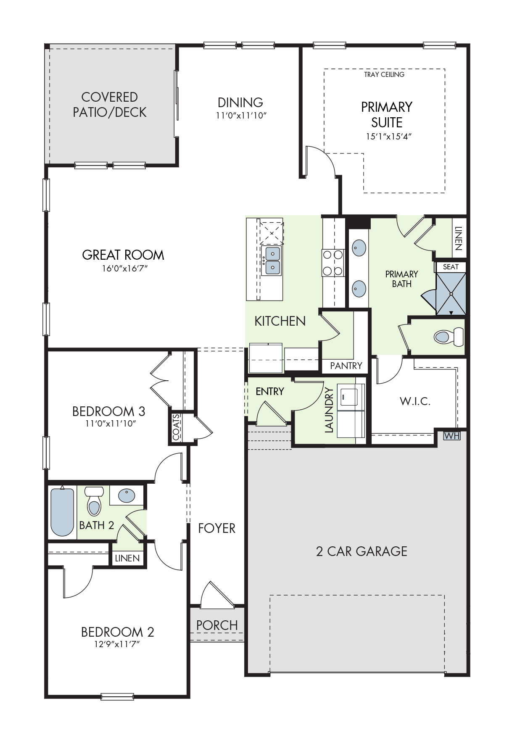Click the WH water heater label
(452, 436)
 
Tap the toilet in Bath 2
(94, 501)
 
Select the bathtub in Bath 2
(62, 511)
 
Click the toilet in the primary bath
(449, 337)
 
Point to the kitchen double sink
(272, 261)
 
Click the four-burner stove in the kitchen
(333, 263)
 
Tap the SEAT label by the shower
(451, 267)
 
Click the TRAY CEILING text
(384, 74)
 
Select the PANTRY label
(346, 366)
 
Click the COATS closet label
(177, 427)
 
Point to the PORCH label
(217, 625)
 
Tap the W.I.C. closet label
(415, 401)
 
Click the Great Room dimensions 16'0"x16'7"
(125, 268)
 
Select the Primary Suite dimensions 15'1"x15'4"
(388, 136)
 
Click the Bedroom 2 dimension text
(117, 644)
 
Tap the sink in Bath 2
(127, 495)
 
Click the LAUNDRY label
(329, 410)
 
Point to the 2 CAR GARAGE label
(362, 551)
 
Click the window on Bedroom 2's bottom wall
(117, 697)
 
